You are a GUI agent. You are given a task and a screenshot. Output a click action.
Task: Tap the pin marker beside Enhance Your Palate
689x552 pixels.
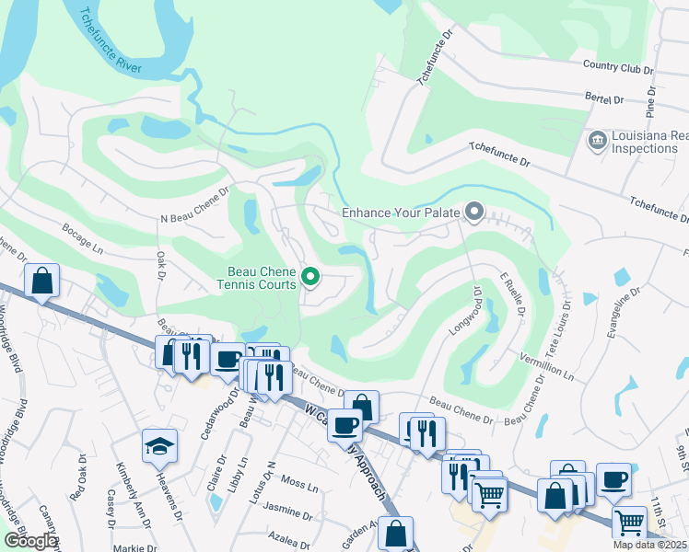pos(474,213)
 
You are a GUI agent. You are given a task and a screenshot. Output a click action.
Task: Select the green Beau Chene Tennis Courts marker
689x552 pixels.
pos(311,276)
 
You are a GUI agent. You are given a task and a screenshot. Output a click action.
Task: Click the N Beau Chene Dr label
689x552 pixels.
pos(193,218)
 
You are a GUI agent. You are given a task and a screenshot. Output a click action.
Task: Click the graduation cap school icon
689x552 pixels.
pos(159,446)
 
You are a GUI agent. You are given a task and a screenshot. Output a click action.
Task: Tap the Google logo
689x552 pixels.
pos(30,540)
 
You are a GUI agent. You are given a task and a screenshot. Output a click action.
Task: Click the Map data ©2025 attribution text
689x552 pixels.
pos(648,545)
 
